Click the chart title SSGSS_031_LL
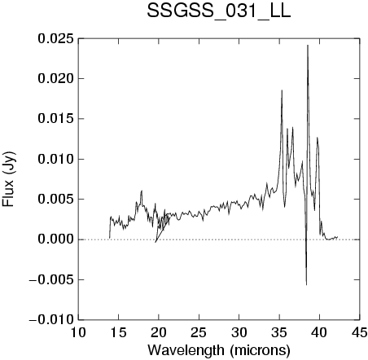point(219,11)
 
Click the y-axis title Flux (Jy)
point(8,179)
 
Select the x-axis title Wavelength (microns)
point(219,350)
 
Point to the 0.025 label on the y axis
point(55,38)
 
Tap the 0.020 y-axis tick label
point(55,79)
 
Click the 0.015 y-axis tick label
point(55,119)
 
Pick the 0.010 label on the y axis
point(55,159)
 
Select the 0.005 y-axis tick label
point(55,200)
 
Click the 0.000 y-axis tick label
point(55,239)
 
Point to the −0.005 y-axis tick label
point(51,279)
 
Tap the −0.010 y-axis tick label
point(51,320)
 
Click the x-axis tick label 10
point(78,332)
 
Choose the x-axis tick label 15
point(118,332)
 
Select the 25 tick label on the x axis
point(199,332)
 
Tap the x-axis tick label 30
point(239,332)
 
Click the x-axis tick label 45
point(360,332)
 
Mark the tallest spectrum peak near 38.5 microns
point(308,46)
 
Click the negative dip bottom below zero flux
point(306,285)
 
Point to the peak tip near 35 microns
point(282,90)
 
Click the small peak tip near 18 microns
point(142,191)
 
